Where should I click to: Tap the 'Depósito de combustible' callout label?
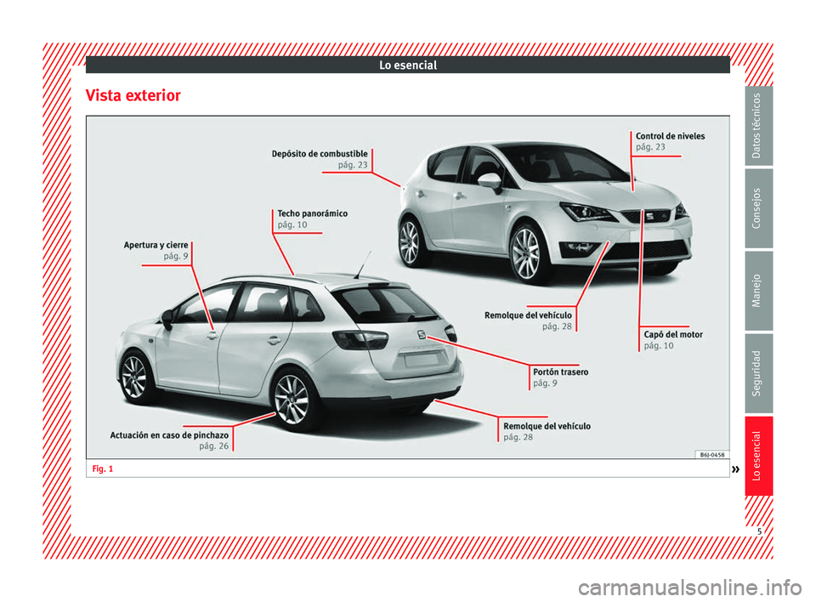pyautogui.click(x=320, y=153)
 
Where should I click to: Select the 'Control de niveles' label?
pyautogui.click(x=670, y=136)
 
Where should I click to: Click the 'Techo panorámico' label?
pyautogui.click(x=312, y=213)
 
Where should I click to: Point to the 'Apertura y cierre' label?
pyautogui.click(x=156, y=245)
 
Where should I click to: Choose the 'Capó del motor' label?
pyautogui.click(x=673, y=335)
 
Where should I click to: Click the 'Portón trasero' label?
pyautogui.click(x=560, y=372)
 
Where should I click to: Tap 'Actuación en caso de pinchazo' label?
pyautogui.click(x=169, y=435)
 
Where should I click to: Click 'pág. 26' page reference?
pyautogui.click(x=213, y=446)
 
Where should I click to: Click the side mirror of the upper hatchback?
pyautogui.click(x=489, y=181)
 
